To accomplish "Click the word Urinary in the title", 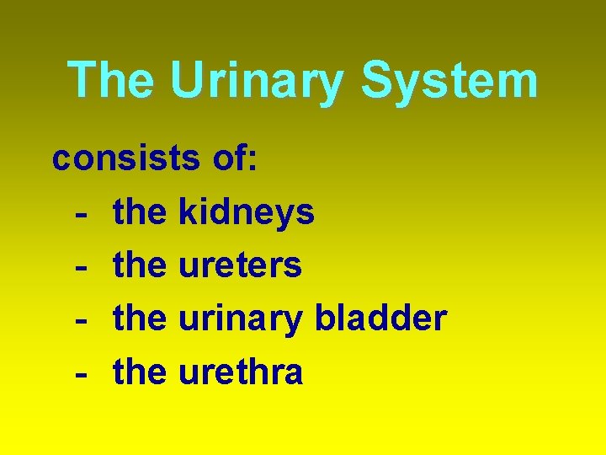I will (257, 80).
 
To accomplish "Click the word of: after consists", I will (232, 158).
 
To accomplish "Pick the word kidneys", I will (247, 212).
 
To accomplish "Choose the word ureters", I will (240, 265).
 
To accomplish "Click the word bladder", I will (380, 318).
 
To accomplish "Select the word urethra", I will (241, 371).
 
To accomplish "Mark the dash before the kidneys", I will (82, 214).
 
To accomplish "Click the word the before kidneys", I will (140, 212).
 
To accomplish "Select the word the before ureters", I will (140, 265).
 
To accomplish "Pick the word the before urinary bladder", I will (140, 318).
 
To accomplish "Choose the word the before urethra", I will (140, 371).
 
